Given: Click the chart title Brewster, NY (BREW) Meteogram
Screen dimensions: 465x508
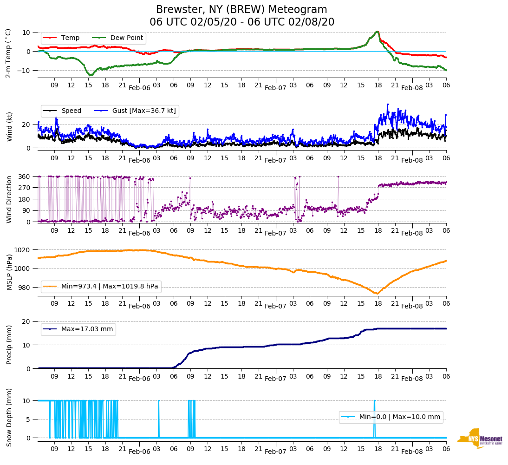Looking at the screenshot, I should click(x=241, y=10).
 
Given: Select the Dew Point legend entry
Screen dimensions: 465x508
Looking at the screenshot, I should click(x=128, y=38).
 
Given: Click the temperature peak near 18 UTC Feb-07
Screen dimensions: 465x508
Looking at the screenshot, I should click(x=378, y=32).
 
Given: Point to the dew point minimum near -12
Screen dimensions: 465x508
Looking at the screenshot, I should click(x=91, y=75).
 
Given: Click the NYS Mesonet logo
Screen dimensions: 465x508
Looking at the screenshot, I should click(x=480, y=439).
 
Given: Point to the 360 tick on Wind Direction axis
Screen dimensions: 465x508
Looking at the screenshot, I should click(x=25, y=177).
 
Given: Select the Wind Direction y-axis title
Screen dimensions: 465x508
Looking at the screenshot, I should click(x=9, y=199).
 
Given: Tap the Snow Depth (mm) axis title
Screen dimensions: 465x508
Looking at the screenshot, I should click(x=9, y=417).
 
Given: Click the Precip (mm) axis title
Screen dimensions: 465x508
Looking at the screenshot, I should click(x=9, y=344).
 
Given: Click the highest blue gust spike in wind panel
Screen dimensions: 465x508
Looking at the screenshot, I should click(x=388, y=105).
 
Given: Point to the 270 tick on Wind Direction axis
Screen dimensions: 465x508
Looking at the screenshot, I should click(x=25, y=188).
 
